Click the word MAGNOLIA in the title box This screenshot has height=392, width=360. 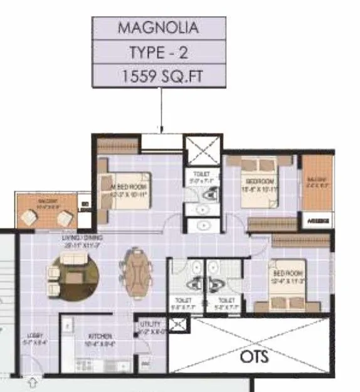coord(158,28)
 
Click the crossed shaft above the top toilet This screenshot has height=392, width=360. coord(201,151)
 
